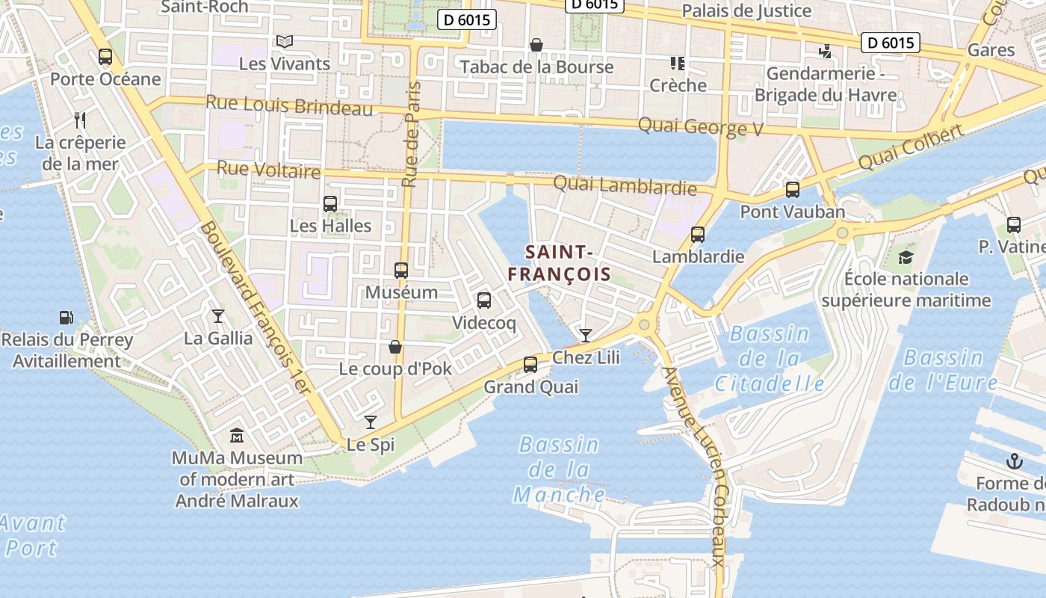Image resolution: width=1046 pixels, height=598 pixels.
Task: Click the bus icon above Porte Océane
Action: pos(105,56)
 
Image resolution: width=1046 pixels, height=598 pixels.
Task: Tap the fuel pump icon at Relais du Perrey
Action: pos(66,318)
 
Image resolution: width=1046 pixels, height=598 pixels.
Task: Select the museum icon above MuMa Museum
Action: pos(237,435)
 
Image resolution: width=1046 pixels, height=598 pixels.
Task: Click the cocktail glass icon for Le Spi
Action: pos(370,422)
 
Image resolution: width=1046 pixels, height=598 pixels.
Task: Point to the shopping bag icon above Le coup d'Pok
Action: pos(394,347)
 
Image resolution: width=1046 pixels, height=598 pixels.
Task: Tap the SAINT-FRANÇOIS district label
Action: pos(560,263)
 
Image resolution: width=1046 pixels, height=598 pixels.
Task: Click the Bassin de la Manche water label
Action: pos(560,469)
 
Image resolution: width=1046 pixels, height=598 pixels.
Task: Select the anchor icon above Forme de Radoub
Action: pos(1014,460)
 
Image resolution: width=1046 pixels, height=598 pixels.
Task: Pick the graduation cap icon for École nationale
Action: pos(906,257)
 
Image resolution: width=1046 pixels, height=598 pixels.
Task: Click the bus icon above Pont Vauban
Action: pos(793,190)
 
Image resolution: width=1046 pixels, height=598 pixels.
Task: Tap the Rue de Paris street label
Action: pos(411,135)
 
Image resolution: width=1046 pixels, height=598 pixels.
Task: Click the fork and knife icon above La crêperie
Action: pos(81,120)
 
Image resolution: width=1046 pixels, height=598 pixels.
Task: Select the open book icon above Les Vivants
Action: pos(284,41)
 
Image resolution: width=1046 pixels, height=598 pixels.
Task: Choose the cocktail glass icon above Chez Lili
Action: pos(586,335)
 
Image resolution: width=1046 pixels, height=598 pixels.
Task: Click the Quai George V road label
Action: pos(700,127)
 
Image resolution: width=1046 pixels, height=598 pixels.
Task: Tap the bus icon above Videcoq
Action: pos(484,300)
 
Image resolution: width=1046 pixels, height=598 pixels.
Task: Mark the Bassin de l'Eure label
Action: pos(943,370)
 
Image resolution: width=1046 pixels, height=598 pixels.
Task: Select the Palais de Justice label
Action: pos(746,10)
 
